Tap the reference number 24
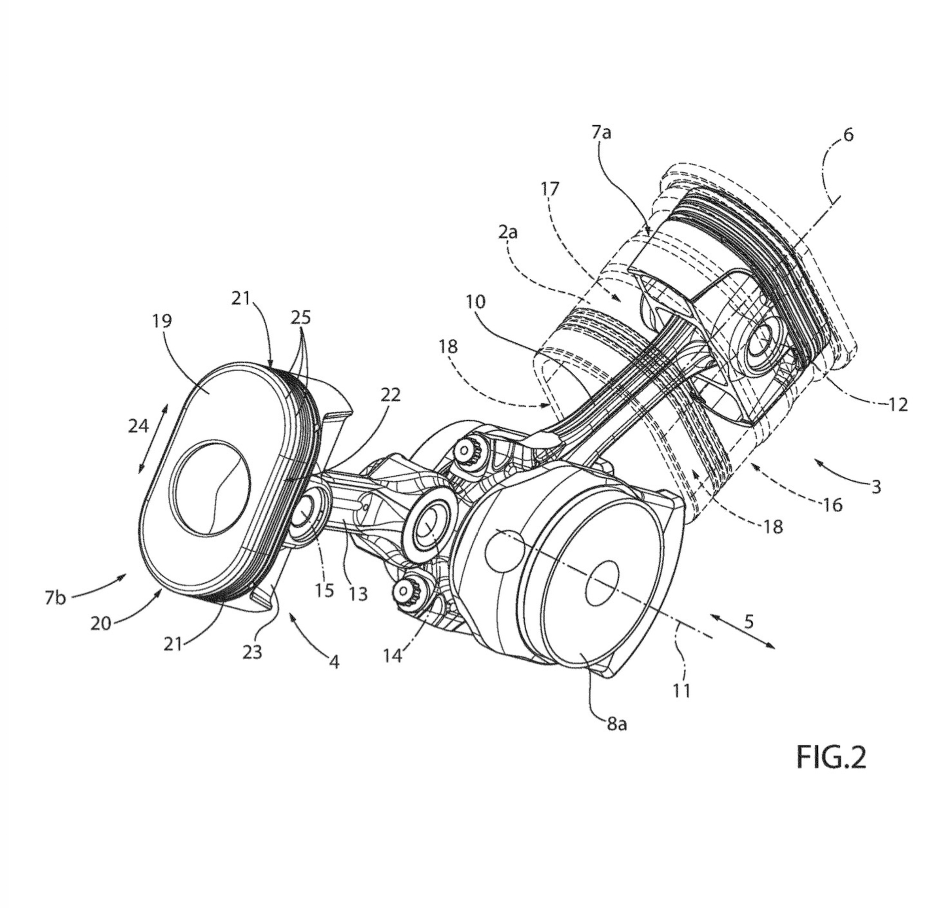pos(138,426)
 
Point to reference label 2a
pos(507,233)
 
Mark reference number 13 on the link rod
pos(358,593)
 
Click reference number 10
pos(476,303)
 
